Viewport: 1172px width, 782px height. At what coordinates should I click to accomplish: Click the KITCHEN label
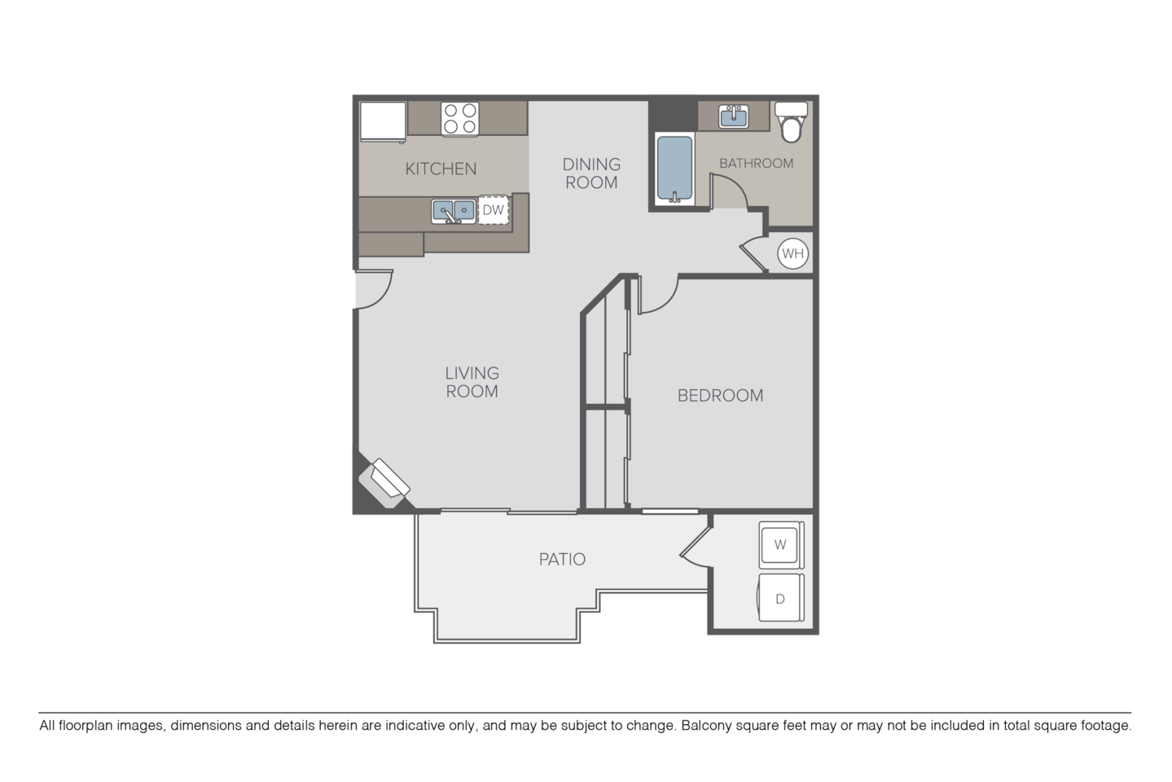point(441,169)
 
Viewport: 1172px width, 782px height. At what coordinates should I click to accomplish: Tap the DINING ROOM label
point(591,174)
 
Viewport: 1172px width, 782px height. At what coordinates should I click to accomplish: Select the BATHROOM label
point(756,163)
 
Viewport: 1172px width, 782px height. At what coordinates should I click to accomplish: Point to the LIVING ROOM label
point(472,382)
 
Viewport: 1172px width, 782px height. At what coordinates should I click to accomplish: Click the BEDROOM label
point(721,396)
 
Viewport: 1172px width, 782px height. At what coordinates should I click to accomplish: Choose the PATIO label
point(562,560)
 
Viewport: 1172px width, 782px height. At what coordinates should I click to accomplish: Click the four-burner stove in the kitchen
point(460,118)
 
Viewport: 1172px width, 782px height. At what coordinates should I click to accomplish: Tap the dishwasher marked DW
point(494,209)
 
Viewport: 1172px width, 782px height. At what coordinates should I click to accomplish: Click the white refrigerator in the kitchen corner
point(383,121)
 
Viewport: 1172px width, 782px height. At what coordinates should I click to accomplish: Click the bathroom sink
point(734,116)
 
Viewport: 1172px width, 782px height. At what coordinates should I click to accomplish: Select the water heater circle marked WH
point(792,253)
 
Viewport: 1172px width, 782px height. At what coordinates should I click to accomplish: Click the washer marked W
point(780,545)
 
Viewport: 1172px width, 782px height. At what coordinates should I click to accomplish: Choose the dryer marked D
point(780,598)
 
